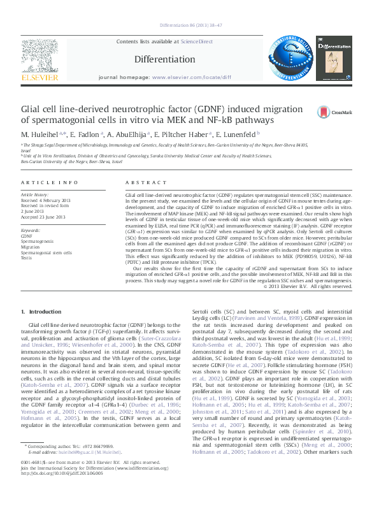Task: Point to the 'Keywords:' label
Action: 31,229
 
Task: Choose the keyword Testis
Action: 26,258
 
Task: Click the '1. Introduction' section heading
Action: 41,312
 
